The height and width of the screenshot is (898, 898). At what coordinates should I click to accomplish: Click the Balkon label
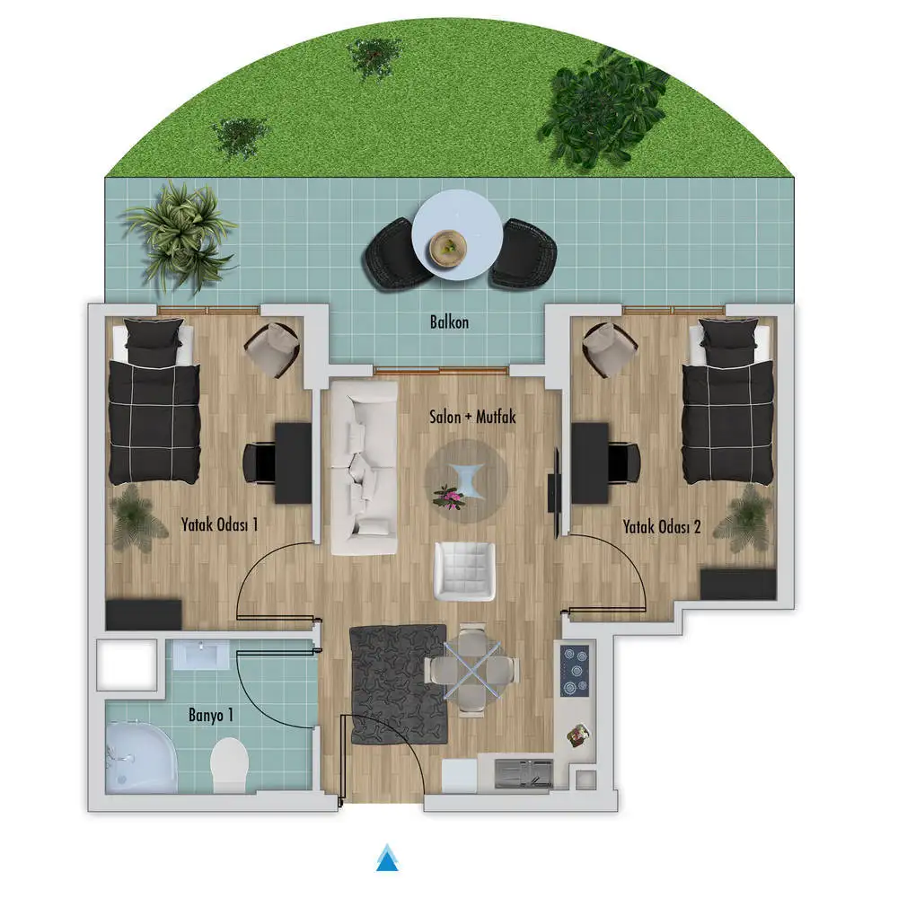(x=450, y=321)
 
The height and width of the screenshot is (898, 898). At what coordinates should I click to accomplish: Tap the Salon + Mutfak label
(x=472, y=417)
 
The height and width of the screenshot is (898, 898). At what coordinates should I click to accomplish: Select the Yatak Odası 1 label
(x=219, y=524)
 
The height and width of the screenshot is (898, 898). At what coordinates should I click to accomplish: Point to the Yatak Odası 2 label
(x=662, y=526)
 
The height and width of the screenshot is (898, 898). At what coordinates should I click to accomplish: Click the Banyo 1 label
(x=211, y=715)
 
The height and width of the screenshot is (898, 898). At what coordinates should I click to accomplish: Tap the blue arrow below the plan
(x=388, y=857)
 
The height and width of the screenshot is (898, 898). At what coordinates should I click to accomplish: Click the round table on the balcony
(x=458, y=235)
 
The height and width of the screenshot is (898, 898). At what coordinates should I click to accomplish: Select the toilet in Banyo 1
(x=229, y=764)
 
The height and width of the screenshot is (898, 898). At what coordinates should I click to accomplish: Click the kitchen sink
(x=524, y=773)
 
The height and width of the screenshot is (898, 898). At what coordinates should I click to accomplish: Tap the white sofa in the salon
(x=365, y=468)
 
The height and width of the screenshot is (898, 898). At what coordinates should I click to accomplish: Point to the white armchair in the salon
(x=464, y=571)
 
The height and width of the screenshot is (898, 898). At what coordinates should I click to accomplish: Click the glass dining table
(x=472, y=670)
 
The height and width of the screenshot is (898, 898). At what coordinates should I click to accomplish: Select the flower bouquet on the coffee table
(x=450, y=496)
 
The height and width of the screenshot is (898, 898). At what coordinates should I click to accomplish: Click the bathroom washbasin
(x=201, y=655)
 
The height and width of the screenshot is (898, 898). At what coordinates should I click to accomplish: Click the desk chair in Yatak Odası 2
(x=624, y=463)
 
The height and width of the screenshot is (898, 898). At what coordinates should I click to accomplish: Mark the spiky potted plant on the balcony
(x=179, y=234)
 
